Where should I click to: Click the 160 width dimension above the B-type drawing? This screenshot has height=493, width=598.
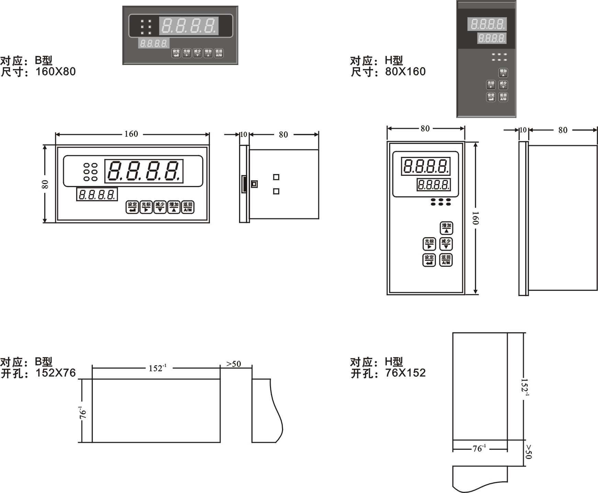pos(131,134)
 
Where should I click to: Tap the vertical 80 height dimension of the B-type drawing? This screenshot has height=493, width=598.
pos(45,184)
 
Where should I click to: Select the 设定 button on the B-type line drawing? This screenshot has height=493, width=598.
pos(132,207)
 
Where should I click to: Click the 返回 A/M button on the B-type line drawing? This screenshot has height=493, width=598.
pos(188,207)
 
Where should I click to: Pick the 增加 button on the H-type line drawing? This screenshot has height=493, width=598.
pos(446,228)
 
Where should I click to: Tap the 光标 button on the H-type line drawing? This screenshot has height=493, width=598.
pos(429,244)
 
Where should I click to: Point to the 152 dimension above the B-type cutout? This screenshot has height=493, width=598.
pos(157,368)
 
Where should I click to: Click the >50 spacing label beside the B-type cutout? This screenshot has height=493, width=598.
pos(234,364)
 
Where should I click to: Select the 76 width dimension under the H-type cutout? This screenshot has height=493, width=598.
pos(479,448)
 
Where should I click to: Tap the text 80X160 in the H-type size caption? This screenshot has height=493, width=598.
pos(405,72)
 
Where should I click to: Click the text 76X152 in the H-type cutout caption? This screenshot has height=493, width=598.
pos(405,373)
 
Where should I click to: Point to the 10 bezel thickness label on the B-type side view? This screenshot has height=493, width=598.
pos(244,134)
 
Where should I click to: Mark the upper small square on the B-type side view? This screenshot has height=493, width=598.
pos(276,177)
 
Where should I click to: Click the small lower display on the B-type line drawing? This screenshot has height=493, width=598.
pos(97,195)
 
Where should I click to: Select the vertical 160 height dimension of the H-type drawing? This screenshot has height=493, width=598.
pos(475,218)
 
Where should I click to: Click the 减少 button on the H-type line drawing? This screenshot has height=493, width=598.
pos(446,244)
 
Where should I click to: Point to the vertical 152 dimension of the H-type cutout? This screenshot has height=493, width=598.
pos(524,387)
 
